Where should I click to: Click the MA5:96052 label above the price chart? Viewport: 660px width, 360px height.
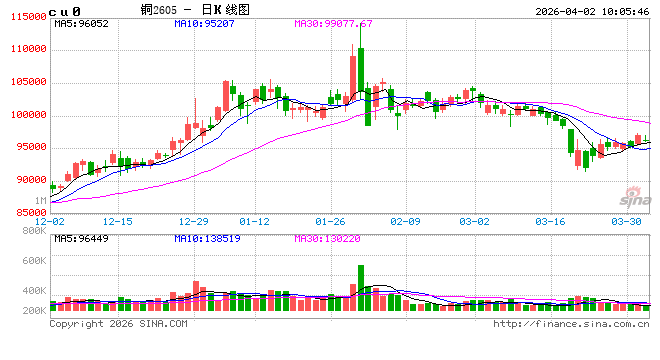(81, 23)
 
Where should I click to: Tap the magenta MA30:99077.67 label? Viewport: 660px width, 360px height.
(333, 23)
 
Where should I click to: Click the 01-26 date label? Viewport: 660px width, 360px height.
(330, 221)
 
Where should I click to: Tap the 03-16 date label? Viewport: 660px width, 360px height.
(551, 221)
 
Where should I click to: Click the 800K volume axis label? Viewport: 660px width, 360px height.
(34, 232)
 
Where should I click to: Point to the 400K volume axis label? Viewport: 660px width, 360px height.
(34, 291)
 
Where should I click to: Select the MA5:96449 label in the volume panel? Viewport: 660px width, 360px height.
(81, 239)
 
